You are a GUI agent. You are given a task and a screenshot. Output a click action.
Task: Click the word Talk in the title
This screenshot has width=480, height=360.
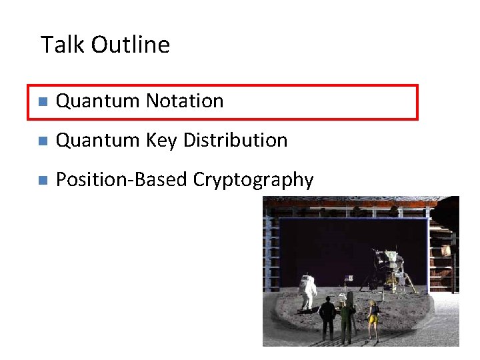pos(63,45)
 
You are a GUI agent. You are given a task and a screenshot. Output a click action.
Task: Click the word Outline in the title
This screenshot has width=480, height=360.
pos(131,45)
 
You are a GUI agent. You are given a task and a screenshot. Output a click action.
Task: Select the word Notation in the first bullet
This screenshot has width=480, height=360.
pos(185,101)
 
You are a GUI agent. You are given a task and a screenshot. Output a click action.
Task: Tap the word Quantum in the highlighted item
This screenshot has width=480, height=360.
pos(98,101)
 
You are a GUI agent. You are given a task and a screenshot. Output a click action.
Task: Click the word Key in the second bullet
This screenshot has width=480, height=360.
pos(161,141)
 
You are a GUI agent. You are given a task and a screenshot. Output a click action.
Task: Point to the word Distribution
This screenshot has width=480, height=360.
pos(235,141)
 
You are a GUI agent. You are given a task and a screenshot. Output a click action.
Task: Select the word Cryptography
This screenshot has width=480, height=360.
pos(253,180)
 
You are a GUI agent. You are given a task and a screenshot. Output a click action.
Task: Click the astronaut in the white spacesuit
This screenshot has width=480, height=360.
pos(308,291)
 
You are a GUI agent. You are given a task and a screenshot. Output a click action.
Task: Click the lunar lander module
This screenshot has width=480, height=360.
pos(389,267)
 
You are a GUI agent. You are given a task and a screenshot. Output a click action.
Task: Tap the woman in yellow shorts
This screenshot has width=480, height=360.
pos(374,318)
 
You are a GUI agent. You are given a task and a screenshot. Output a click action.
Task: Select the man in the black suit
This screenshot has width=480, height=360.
pos(327,317)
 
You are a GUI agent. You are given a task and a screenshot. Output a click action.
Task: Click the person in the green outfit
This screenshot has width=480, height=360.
pos(347,317)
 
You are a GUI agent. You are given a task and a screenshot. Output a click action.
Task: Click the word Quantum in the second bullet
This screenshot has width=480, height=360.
pos(98,141)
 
